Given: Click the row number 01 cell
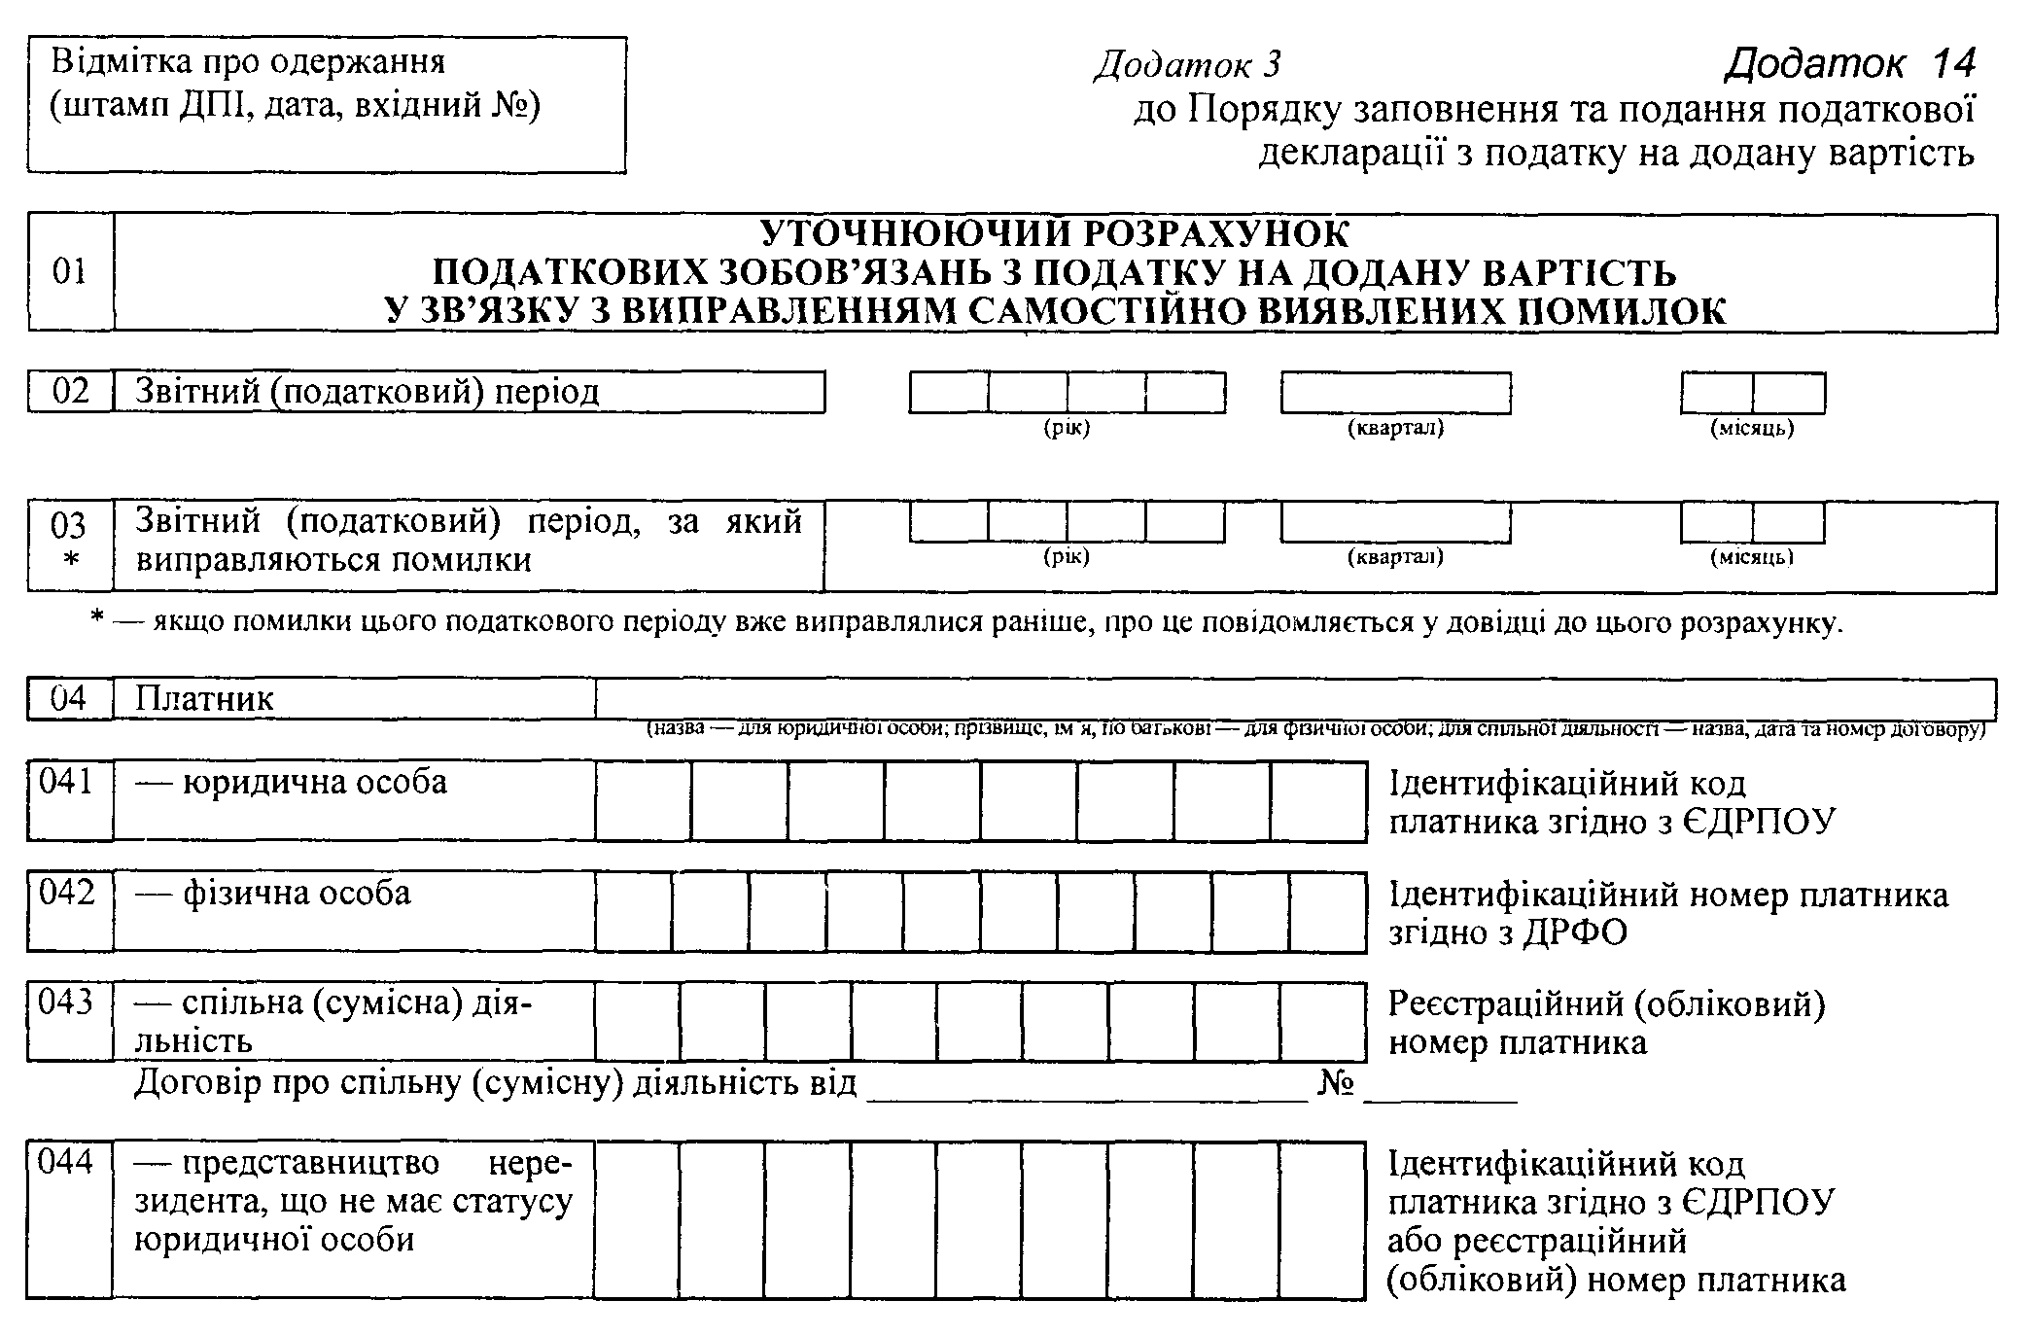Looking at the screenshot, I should [70, 271].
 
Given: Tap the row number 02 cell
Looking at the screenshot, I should [70, 391].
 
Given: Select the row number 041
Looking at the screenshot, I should [66, 783].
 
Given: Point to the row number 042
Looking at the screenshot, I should [66, 893].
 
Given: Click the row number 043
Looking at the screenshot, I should [66, 1002].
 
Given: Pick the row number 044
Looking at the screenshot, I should [66, 1162].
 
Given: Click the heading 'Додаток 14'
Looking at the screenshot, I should [1850, 63].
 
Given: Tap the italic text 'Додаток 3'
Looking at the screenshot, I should [1188, 64].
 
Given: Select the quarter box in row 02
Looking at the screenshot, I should [1395, 393].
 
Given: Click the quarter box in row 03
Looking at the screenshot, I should [1395, 522].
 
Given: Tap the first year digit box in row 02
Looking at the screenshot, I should [949, 393].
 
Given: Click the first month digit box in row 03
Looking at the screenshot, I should [1717, 522].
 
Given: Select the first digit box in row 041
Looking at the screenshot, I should [644, 800].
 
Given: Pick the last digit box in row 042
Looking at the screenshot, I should [1328, 911].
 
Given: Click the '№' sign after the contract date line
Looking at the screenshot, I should [1336, 1083].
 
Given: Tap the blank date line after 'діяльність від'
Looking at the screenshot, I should [1087, 1087].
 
